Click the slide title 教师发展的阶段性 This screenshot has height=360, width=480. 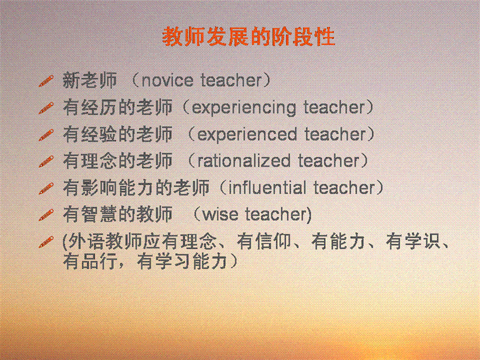(x=248, y=37)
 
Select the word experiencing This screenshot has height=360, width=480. (x=244, y=108)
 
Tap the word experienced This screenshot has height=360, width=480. (x=247, y=134)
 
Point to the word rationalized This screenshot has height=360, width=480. (x=244, y=160)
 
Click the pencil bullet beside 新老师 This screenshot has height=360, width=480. (x=46, y=81)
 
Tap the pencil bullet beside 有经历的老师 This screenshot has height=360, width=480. (x=46, y=108)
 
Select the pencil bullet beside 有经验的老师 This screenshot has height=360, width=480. (x=46, y=134)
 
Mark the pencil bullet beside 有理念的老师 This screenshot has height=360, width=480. (x=46, y=161)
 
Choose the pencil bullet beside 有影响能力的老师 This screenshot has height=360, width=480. (x=46, y=188)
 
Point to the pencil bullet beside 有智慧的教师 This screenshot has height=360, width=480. (x=46, y=215)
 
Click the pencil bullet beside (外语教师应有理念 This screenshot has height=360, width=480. (x=46, y=242)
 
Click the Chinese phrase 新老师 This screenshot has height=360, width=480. (x=89, y=80)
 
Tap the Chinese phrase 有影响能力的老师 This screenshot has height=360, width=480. (x=136, y=188)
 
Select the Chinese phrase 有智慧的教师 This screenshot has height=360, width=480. (x=118, y=214)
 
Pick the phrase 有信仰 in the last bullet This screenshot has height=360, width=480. (x=264, y=241)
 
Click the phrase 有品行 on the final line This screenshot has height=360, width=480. (x=89, y=261)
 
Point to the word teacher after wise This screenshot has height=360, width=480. (x=276, y=214)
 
